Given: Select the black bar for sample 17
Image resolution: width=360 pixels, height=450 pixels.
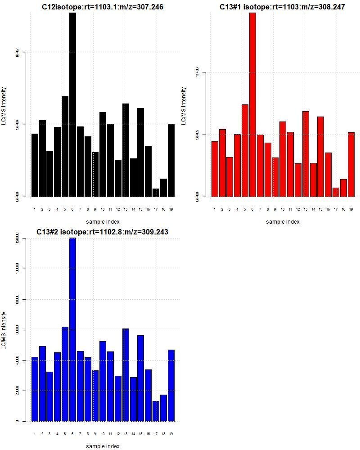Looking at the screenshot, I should tap(156, 193).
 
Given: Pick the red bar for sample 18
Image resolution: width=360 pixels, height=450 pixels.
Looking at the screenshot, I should tap(343, 188).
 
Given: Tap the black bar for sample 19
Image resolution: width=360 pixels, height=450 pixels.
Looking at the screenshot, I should tap(171, 160).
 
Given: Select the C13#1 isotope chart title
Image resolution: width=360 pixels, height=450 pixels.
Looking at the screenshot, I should tap(282, 7).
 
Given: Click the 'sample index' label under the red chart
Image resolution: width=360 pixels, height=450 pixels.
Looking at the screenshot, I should tap(283, 221).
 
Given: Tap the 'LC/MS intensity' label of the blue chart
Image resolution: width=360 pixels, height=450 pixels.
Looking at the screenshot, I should tap(4, 330).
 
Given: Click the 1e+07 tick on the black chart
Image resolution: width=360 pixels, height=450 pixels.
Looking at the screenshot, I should tap(18, 53).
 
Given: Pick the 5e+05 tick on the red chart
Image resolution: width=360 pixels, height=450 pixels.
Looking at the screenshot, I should tap(198, 135).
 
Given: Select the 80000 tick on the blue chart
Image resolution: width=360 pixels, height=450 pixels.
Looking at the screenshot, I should tap(18, 299).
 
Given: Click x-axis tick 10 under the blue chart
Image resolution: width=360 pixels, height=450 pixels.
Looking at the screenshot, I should tap(103, 434).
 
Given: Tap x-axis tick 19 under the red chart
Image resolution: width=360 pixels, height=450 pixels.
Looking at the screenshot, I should tap(351, 209).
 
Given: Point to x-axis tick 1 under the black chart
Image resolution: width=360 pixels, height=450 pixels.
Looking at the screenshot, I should tap(35, 209).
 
